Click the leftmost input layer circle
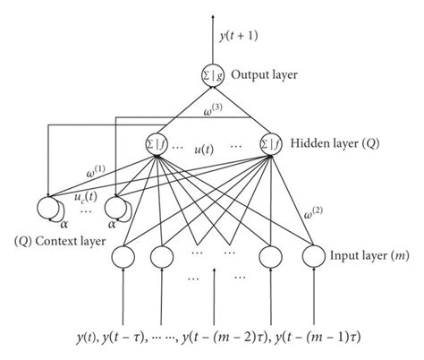point(124,257)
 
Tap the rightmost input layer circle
point(315,257)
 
